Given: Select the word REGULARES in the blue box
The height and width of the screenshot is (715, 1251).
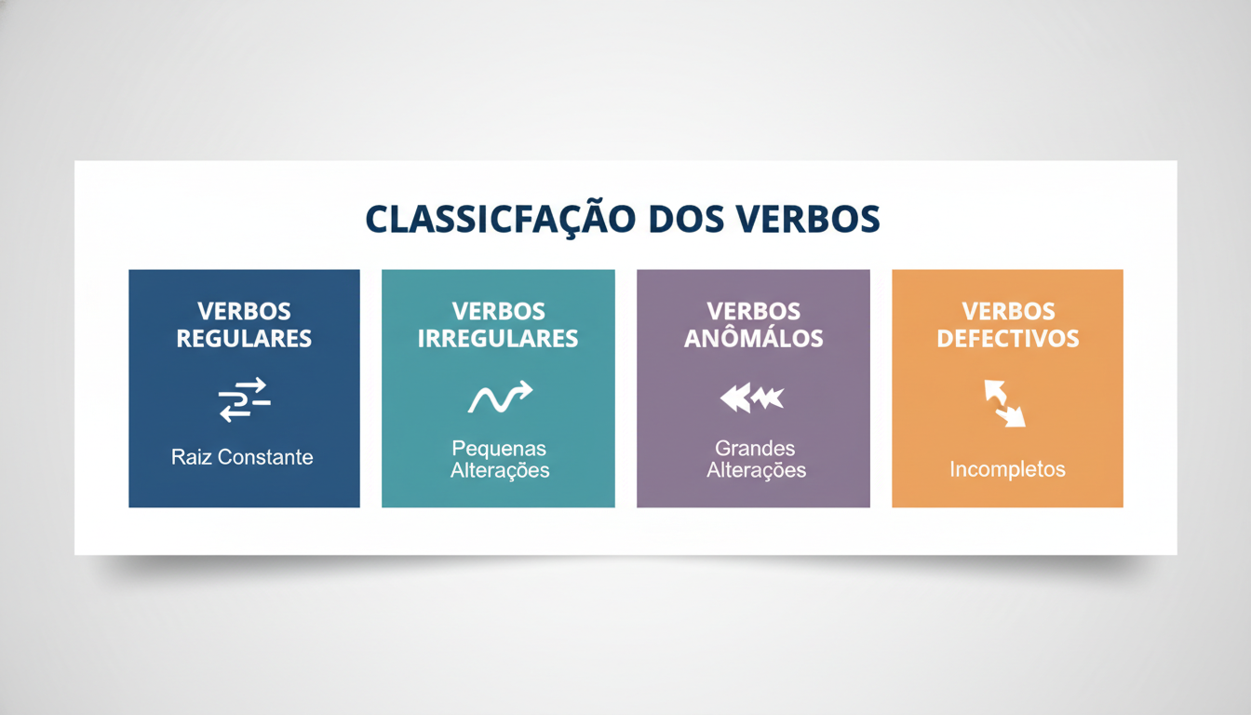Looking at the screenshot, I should click(244, 338).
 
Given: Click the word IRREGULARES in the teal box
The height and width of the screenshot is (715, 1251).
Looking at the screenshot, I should click(498, 338).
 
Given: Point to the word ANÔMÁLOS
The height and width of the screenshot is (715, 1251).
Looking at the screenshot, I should click(753, 338).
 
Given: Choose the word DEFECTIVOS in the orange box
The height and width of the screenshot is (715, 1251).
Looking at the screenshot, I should click(1007, 338).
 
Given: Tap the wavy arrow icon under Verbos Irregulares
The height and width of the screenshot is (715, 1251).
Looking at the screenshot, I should click(499, 398).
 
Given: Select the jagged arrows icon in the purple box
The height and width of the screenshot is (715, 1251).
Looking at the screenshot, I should click(752, 398).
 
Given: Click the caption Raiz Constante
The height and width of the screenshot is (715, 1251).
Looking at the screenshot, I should click(242, 457).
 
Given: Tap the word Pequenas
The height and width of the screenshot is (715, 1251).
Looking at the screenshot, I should click(499, 449).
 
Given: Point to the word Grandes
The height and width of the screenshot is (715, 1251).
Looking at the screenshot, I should click(755, 449).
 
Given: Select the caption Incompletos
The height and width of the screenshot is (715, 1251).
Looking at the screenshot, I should click(1007, 469).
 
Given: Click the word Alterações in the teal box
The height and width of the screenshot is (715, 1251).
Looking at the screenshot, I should click(500, 470).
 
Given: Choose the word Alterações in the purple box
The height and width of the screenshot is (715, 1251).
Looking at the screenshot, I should click(756, 470).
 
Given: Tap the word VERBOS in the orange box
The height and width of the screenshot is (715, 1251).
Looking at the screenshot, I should click(1008, 311).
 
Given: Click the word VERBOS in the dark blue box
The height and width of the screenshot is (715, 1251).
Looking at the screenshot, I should click(244, 311).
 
